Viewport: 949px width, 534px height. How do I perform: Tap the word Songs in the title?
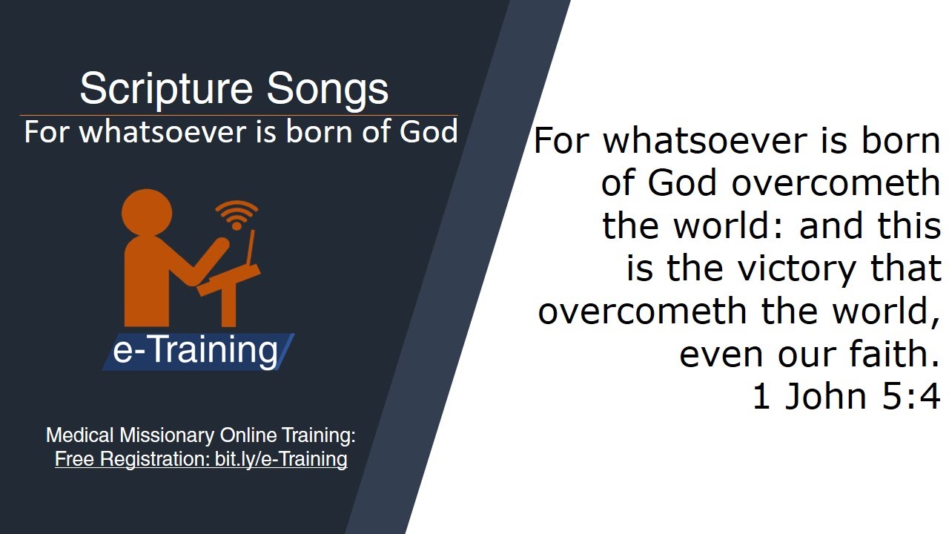click(x=327, y=89)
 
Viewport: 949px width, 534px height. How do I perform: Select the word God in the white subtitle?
click(x=429, y=132)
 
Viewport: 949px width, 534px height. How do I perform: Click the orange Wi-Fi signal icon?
click(x=237, y=214)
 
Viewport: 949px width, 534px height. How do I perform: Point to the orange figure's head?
click(x=147, y=214)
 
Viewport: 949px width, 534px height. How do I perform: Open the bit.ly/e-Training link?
click(x=281, y=459)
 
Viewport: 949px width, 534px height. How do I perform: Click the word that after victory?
click(x=905, y=268)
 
